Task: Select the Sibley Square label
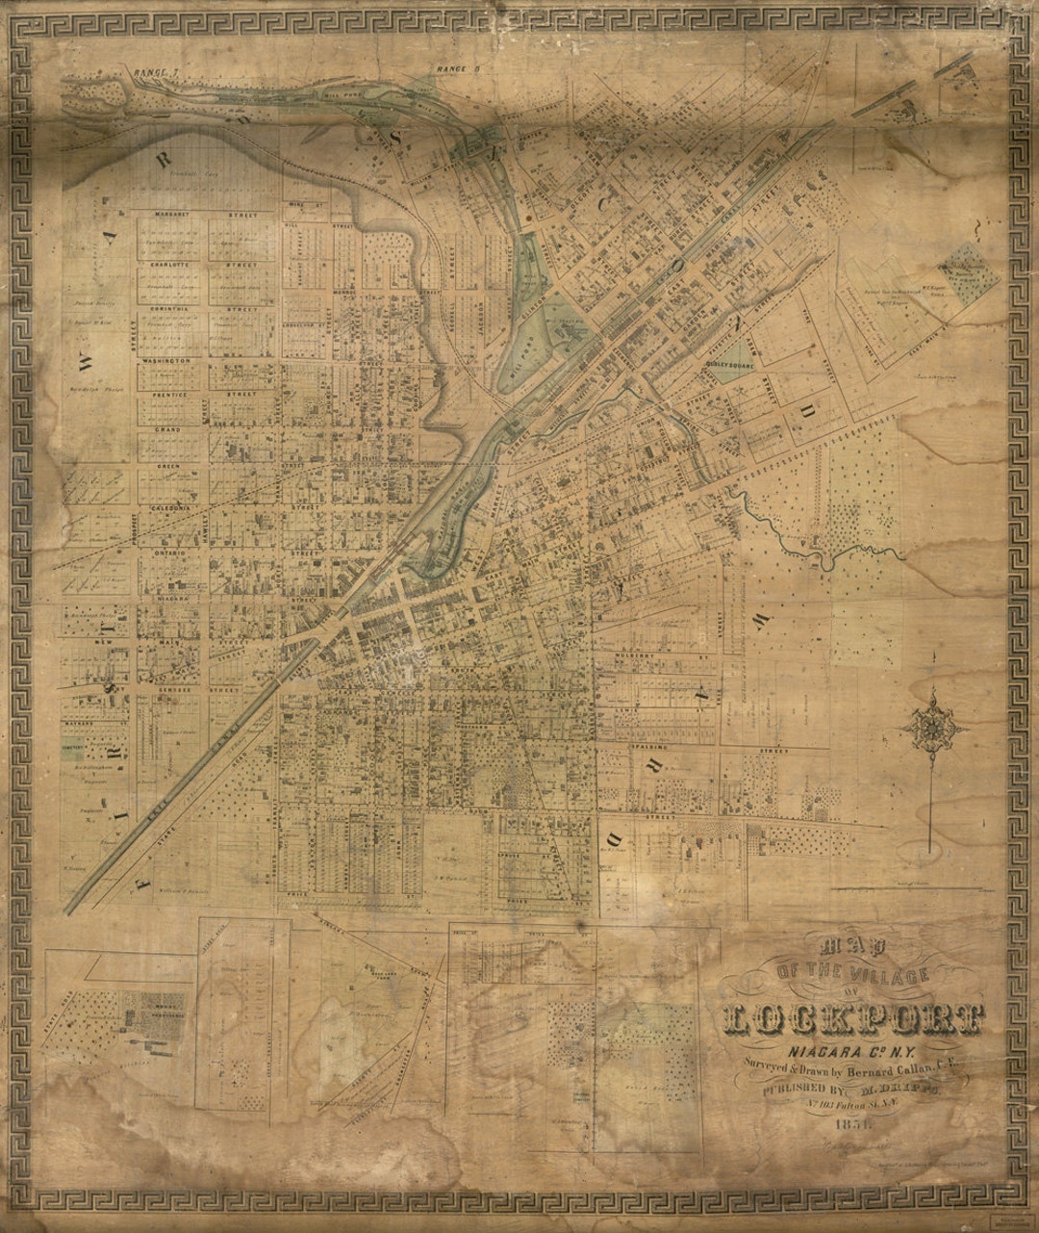(735, 366)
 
